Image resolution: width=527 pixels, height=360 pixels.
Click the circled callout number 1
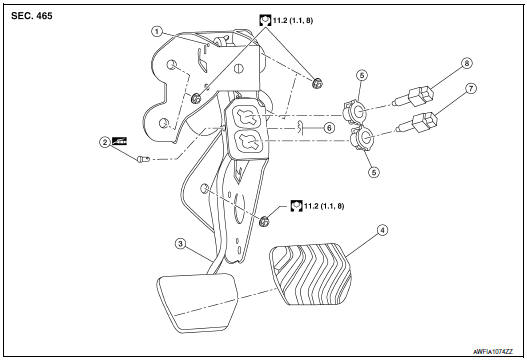click(157, 31)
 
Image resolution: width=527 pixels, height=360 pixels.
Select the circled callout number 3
click(179, 243)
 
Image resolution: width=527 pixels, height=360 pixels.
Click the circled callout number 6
click(329, 128)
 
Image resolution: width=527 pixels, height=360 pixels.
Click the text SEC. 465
click(37, 17)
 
